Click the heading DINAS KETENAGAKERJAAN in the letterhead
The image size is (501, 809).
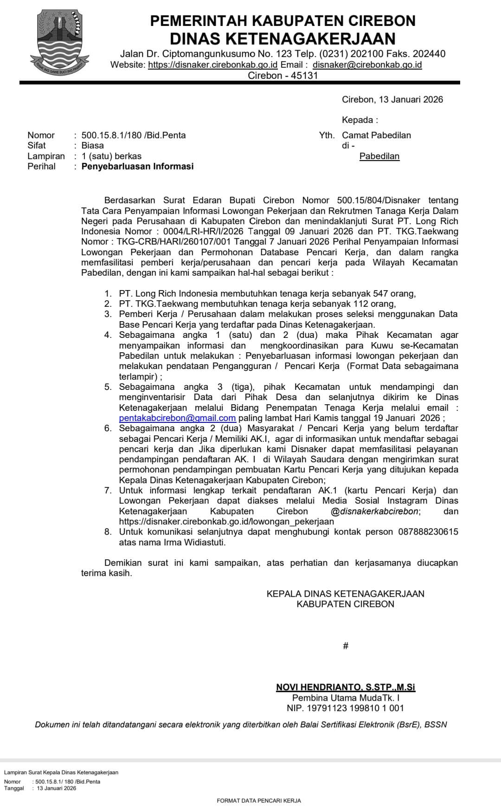[x=283, y=38]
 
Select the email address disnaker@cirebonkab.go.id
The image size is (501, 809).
[x=367, y=65]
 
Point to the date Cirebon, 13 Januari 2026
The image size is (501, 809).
[x=392, y=99]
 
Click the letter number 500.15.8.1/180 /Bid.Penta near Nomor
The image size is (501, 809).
[x=134, y=135]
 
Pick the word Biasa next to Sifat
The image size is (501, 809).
[x=93, y=145]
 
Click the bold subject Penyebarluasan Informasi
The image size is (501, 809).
[x=137, y=166]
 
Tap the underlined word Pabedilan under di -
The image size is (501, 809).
[x=379, y=156]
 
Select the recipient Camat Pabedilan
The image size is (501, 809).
[x=376, y=135]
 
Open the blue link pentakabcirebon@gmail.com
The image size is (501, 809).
[x=177, y=418]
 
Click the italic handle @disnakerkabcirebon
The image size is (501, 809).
[x=375, y=511]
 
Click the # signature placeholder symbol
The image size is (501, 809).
[x=346, y=646]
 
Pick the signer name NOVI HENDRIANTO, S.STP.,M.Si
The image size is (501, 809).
[x=346, y=687]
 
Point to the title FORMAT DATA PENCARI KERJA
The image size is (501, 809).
[x=259, y=801]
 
